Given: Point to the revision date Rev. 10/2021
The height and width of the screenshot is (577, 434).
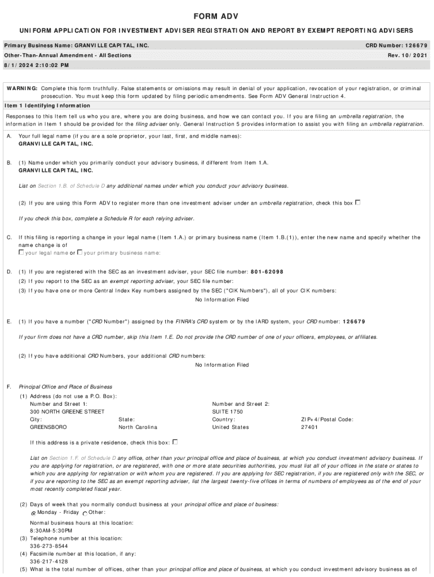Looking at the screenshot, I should pos(408,55).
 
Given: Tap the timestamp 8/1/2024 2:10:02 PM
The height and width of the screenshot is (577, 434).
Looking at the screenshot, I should pos(36,65).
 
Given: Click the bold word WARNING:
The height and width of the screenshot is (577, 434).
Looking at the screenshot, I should pos(22,88).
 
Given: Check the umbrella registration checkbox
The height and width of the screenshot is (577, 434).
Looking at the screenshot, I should pos(358,202).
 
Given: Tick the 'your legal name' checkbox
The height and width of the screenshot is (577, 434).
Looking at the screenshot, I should pos(21,252).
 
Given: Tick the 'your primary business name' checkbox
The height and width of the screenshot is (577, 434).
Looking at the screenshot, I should pos(80,252).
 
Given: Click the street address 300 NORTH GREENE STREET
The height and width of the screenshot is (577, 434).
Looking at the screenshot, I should pos(67,412).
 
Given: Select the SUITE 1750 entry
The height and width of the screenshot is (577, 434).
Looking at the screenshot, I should pos(228,412).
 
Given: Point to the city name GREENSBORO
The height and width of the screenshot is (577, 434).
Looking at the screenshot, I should pos(48,427).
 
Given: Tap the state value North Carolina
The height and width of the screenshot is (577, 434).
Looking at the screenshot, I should pos(138,427).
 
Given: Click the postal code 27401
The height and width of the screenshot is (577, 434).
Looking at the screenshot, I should pos(310,427).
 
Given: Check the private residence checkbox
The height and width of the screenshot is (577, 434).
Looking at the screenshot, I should pos(175,442).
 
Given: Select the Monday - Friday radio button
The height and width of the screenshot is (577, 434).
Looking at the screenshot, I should pos(33,513).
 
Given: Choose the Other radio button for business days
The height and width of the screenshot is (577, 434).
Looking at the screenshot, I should pos(85,513).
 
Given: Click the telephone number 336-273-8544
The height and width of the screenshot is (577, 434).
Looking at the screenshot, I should pos(49,546).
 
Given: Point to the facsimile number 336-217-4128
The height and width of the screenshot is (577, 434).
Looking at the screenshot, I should pos(49,562).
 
